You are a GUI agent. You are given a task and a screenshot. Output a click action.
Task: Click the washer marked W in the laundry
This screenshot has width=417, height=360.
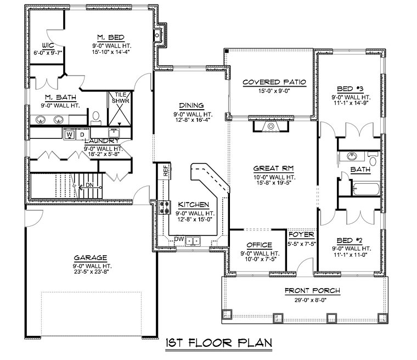tap(70, 134)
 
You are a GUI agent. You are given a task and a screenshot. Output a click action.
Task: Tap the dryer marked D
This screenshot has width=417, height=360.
tap(82, 134)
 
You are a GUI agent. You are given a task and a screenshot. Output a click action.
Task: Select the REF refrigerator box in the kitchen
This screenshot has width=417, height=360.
tap(165, 171)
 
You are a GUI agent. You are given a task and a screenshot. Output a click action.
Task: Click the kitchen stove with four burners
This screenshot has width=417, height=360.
tap(165, 207)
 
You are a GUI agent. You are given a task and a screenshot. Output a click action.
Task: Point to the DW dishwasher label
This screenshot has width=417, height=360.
tap(179, 239)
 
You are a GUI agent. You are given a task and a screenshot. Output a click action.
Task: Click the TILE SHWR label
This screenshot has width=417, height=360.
tap(121, 98)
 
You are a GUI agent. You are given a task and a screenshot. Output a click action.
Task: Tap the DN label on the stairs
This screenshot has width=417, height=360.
tap(89, 184)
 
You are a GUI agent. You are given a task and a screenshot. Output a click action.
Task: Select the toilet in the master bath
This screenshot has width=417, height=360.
tap(95, 118)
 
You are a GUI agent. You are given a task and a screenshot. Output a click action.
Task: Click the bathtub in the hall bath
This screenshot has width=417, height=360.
tap(367, 189)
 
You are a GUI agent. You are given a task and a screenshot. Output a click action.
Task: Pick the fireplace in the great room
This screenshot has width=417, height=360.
tap(271, 126)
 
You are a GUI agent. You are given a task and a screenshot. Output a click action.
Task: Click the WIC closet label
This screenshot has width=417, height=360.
tap(48, 45)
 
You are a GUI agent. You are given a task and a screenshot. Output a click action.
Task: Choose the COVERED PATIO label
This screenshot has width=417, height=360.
tap(274, 82)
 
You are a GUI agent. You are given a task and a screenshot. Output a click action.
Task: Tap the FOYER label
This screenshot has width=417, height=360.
tap(301, 234)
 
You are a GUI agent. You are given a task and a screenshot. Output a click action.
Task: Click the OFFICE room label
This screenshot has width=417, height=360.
tap(260, 245)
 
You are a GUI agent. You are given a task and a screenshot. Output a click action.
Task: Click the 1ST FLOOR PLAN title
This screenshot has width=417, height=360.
tap(219, 342)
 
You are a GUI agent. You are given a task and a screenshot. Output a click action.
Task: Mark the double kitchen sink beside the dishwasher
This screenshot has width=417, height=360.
tap(193, 241)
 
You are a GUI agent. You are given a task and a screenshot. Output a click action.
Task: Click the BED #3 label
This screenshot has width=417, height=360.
tap(350, 88)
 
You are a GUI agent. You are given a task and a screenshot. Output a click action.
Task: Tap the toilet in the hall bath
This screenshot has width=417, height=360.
tap(373, 159)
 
